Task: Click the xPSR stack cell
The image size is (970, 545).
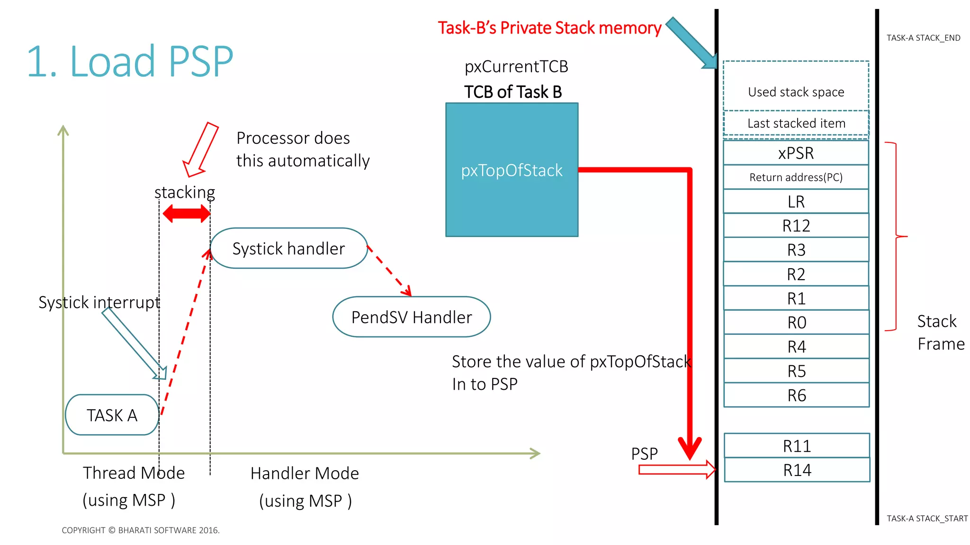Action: click(x=796, y=153)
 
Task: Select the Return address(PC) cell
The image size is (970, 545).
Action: click(x=796, y=177)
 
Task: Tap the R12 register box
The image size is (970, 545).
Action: click(x=796, y=226)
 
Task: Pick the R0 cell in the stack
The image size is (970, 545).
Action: click(x=797, y=323)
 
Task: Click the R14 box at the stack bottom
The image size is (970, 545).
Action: click(x=797, y=470)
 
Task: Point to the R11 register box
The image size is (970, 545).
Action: click(x=797, y=446)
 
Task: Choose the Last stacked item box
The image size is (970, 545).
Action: click(x=796, y=123)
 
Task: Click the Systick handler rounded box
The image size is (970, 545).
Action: click(x=288, y=248)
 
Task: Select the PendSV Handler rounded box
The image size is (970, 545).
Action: click(x=411, y=317)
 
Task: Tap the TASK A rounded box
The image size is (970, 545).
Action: click(x=112, y=415)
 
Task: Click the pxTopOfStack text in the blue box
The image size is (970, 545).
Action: click(x=512, y=170)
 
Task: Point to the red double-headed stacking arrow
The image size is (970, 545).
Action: click(x=186, y=213)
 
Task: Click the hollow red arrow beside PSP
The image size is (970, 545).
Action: click(x=676, y=470)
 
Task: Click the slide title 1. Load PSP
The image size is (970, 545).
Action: click(x=130, y=62)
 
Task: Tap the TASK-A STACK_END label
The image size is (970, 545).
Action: click(x=923, y=38)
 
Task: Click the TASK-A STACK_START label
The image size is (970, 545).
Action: click(x=927, y=519)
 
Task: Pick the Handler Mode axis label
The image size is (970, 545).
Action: click(x=305, y=473)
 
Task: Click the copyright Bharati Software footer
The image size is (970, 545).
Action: click(x=141, y=530)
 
